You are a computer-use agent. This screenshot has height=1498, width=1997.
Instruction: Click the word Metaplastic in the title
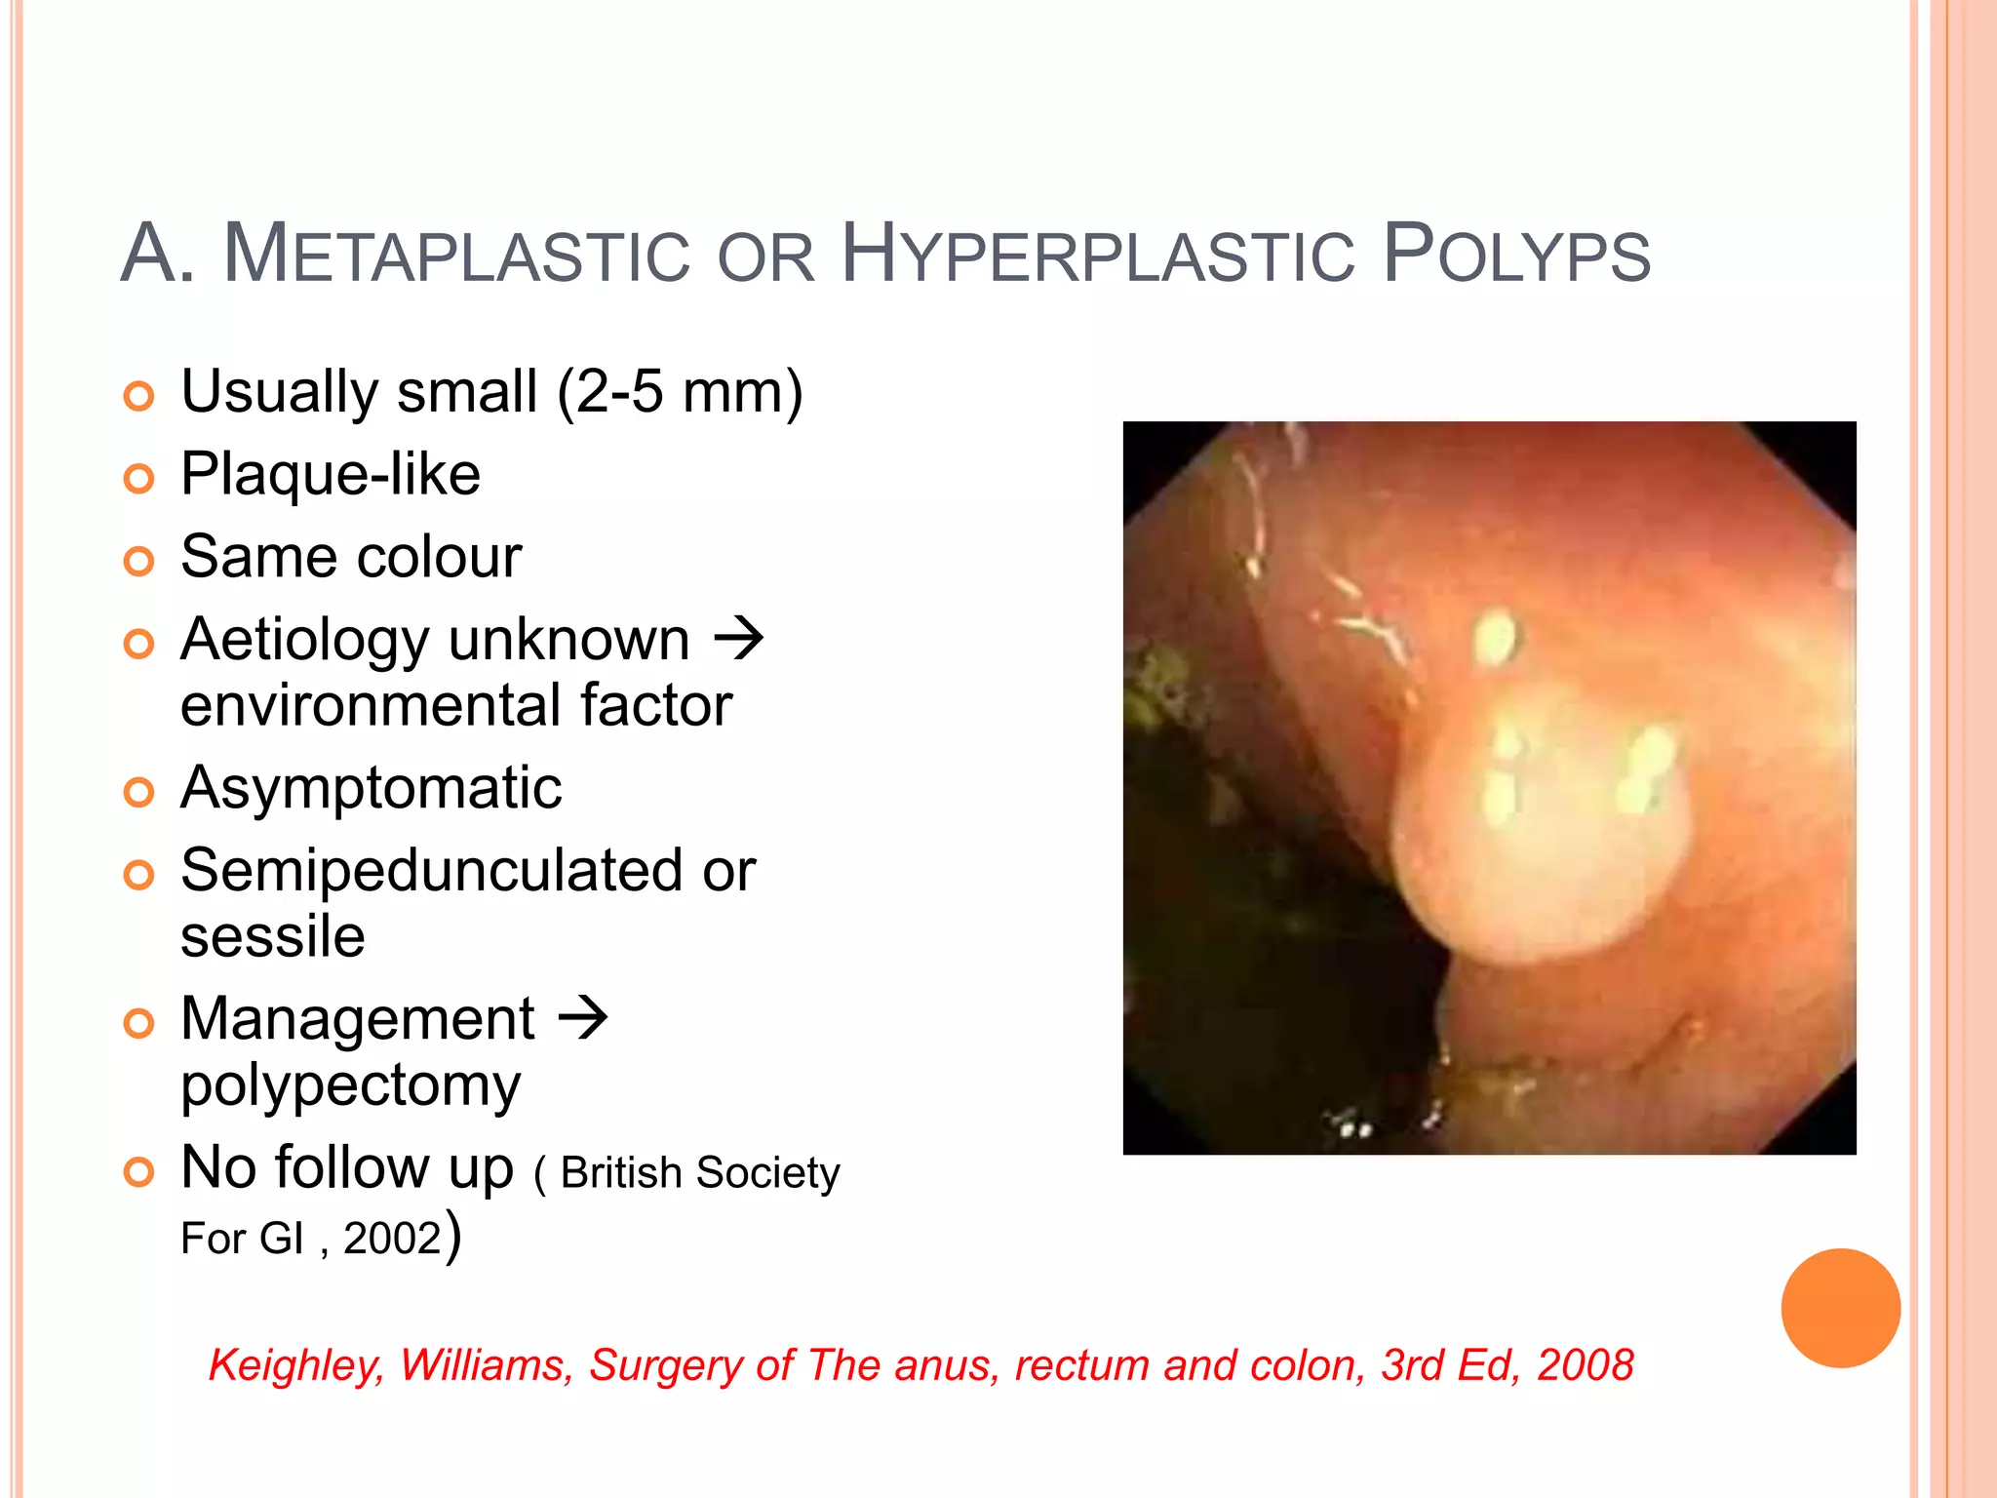456,256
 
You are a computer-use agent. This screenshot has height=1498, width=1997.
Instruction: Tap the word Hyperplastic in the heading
1097,256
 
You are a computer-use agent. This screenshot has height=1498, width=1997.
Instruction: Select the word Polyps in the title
1516,256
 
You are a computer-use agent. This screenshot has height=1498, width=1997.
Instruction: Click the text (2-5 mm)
680,392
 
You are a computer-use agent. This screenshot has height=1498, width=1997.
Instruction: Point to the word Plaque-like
331,475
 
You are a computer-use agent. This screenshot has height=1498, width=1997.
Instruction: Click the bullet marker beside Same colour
139,561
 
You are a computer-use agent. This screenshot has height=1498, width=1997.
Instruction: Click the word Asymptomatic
371,788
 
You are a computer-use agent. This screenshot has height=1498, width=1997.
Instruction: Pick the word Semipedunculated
431,870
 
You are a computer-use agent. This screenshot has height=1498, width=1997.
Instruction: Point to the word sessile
273,936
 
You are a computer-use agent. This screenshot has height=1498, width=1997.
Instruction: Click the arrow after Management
583,1018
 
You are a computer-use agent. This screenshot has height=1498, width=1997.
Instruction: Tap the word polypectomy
351,1084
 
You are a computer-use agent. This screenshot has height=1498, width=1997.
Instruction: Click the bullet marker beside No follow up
139,1171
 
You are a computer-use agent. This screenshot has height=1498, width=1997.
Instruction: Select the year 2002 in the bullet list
392,1239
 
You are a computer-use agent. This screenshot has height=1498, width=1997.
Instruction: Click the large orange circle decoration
1840,1308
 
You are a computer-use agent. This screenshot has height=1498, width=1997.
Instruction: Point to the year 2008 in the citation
1585,1365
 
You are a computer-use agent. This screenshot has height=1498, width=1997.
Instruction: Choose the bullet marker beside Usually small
139,396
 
